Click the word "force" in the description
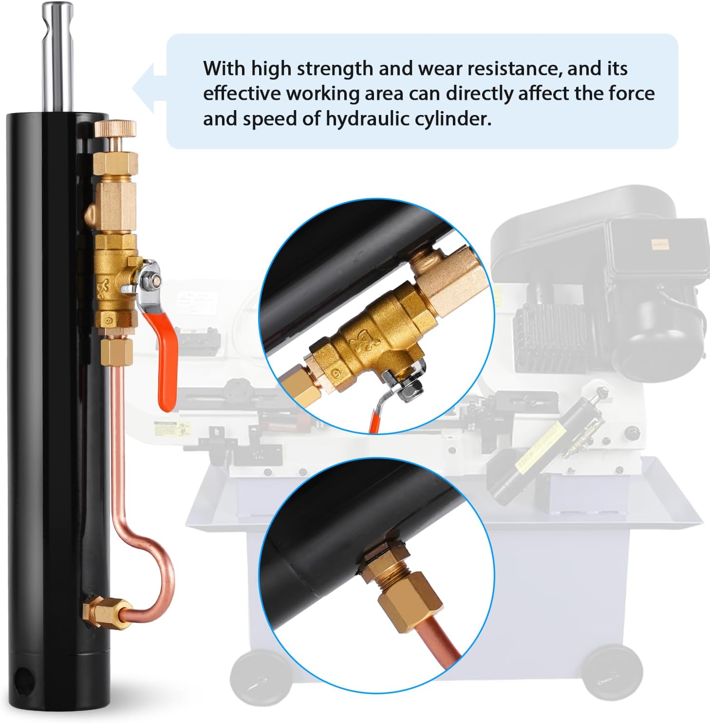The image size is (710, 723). [x=630, y=93]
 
